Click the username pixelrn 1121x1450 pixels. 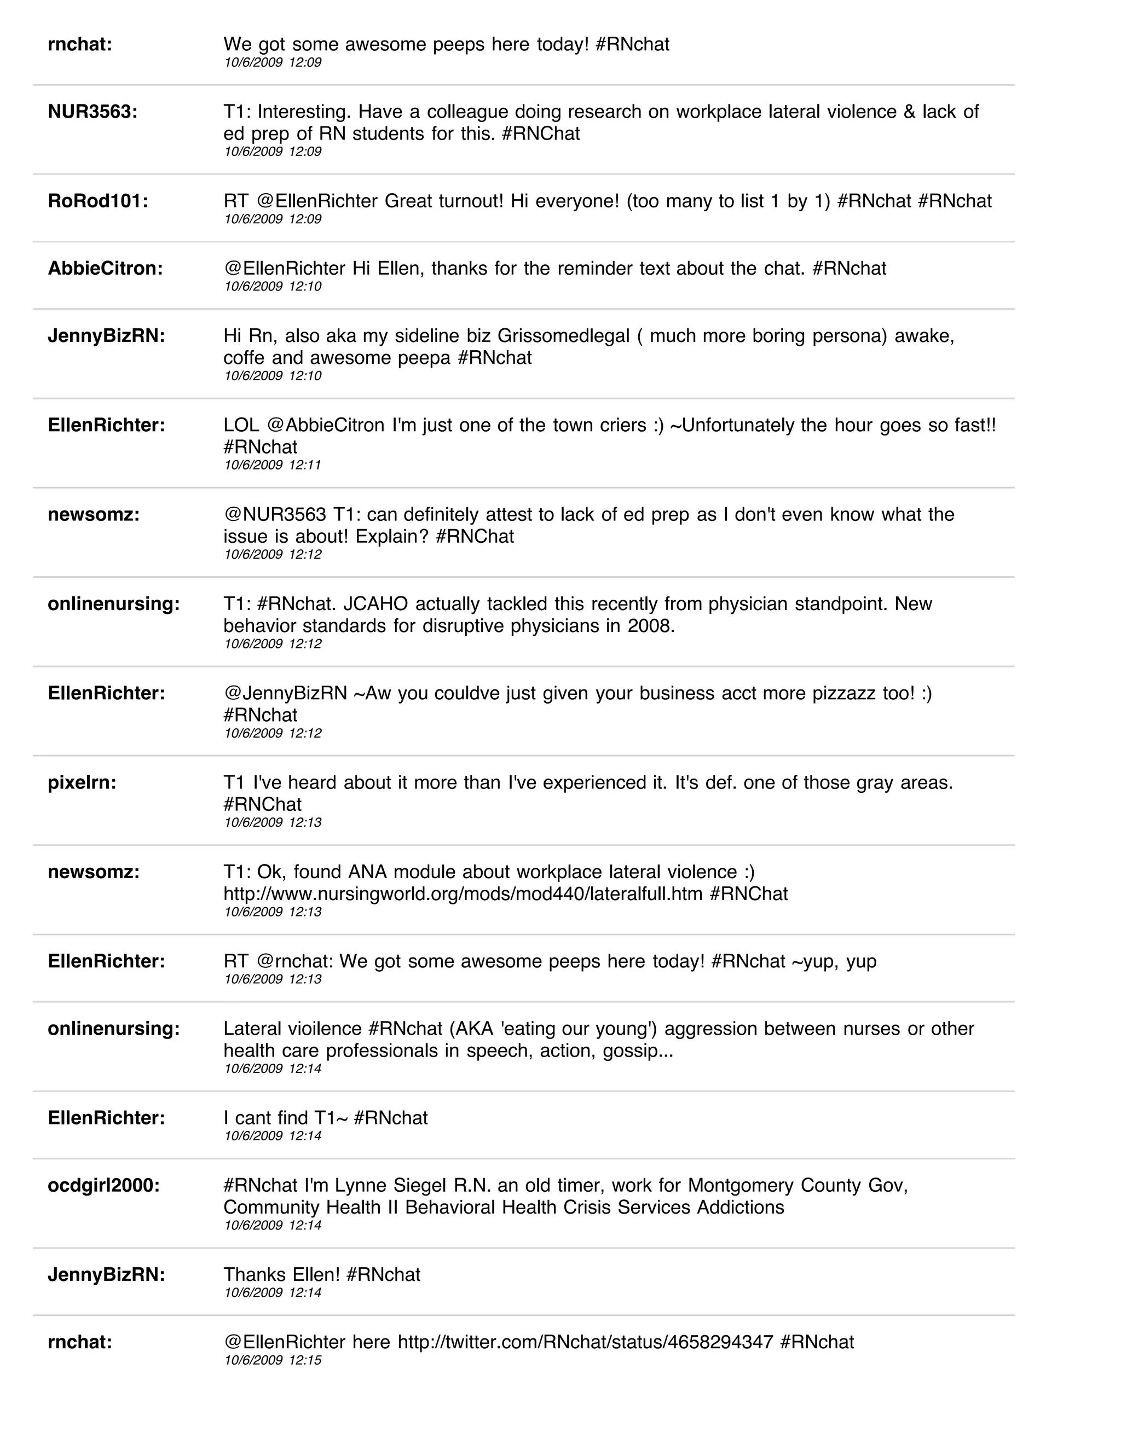pos(82,783)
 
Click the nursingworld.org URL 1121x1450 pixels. pos(463,894)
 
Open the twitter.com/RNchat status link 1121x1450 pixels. pos(585,1342)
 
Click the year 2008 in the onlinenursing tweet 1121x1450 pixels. pos(650,626)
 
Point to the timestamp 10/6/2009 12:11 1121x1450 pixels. pos(272,465)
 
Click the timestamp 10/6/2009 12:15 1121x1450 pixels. pos(272,1360)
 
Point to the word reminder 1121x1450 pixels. pos(594,268)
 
